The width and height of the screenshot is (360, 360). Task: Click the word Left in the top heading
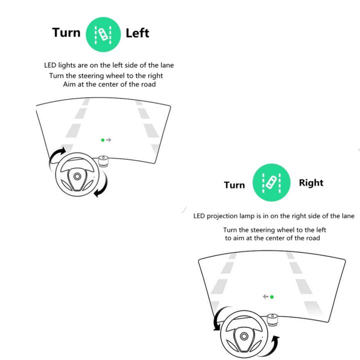pos(137,33)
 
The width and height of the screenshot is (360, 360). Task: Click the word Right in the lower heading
pos(311,183)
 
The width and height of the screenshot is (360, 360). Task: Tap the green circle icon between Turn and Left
pos(103,34)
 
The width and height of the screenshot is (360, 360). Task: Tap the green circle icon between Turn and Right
pos(271,182)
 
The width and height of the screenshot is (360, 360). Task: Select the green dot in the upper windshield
pos(102,140)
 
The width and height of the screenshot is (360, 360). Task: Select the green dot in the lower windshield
pos(272,297)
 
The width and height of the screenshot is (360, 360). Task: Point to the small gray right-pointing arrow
pos(108,140)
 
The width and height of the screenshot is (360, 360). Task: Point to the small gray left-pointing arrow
pos(265,296)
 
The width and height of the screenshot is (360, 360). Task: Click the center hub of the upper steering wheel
pos(77,176)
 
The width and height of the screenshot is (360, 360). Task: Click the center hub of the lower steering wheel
pos(244,336)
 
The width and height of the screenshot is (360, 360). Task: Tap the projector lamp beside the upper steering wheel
pos(103,161)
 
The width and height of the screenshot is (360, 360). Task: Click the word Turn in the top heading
pos(66,32)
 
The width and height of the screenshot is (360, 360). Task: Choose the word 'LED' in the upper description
pos(50,65)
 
